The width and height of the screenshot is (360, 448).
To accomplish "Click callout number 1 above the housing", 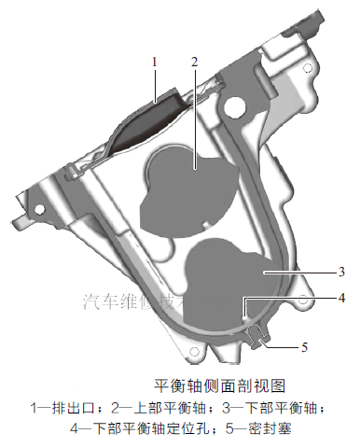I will tap(156, 62).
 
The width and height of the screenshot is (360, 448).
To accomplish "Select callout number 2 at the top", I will tap(194, 62).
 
